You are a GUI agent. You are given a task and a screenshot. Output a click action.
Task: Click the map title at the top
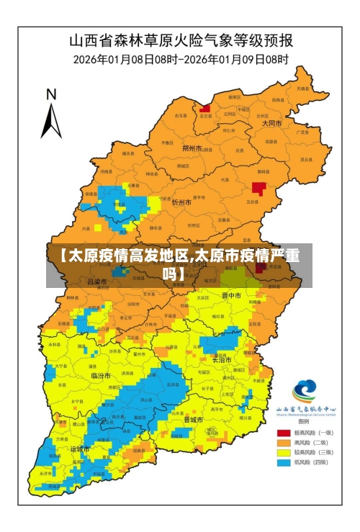point(180,39)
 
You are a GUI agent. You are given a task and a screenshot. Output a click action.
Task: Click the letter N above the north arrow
point(51,94)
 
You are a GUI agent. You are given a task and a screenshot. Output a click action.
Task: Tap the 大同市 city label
point(272,123)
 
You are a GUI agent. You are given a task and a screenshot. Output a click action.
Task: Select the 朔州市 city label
point(192,148)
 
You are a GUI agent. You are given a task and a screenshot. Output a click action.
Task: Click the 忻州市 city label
point(181,203)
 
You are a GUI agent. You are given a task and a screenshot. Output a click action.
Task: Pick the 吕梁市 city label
point(97,281)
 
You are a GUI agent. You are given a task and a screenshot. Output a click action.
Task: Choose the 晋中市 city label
point(231,295)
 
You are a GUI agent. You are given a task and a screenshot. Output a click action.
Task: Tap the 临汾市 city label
point(101,376)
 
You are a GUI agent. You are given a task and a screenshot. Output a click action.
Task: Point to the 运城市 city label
point(80,448)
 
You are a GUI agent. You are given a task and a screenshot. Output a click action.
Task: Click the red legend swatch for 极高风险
point(284,433)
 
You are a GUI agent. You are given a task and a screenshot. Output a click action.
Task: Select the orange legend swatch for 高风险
point(284,443)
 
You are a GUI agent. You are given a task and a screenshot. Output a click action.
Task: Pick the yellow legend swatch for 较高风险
point(284,452)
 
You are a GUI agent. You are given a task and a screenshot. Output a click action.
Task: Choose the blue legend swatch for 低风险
point(284,462)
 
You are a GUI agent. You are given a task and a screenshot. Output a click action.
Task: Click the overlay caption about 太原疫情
point(179,264)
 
